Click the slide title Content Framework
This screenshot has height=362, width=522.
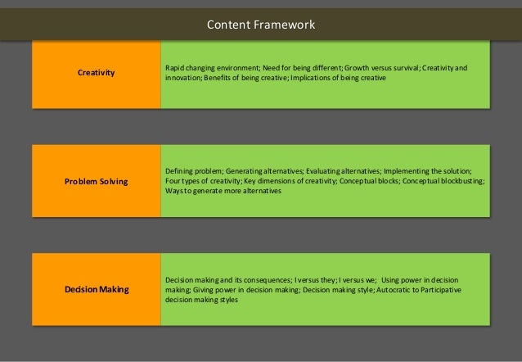pyautogui.click(x=260, y=25)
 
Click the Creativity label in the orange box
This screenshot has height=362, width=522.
pyautogui.click(x=96, y=73)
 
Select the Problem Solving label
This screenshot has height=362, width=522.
pyautogui.click(x=96, y=181)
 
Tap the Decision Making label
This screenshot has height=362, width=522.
pyautogui.click(x=96, y=289)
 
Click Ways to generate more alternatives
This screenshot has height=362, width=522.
pyautogui.click(x=223, y=191)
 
